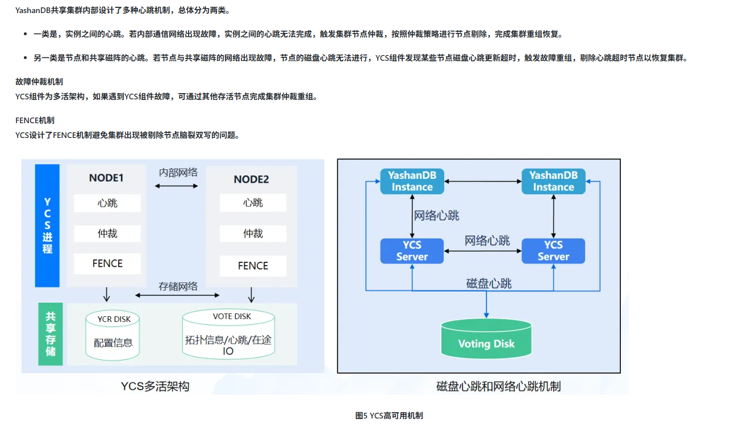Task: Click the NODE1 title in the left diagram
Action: [106, 178]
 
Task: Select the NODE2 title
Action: [251, 179]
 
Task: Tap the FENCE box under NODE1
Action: [107, 263]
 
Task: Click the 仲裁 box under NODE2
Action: [253, 233]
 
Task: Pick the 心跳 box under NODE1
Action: [107, 203]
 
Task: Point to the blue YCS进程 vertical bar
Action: [47, 225]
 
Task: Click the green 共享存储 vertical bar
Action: [51, 334]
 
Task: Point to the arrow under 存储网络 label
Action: [178, 295]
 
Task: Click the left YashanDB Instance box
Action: [412, 181]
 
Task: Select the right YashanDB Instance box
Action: [553, 181]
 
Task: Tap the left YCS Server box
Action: [412, 250]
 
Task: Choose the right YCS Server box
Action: [553, 250]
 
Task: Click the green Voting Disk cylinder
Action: [486, 339]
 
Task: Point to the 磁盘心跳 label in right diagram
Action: [489, 283]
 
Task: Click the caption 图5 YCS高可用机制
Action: [389, 416]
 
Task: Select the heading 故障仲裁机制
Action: [39, 82]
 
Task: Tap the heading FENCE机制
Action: [35, 120]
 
